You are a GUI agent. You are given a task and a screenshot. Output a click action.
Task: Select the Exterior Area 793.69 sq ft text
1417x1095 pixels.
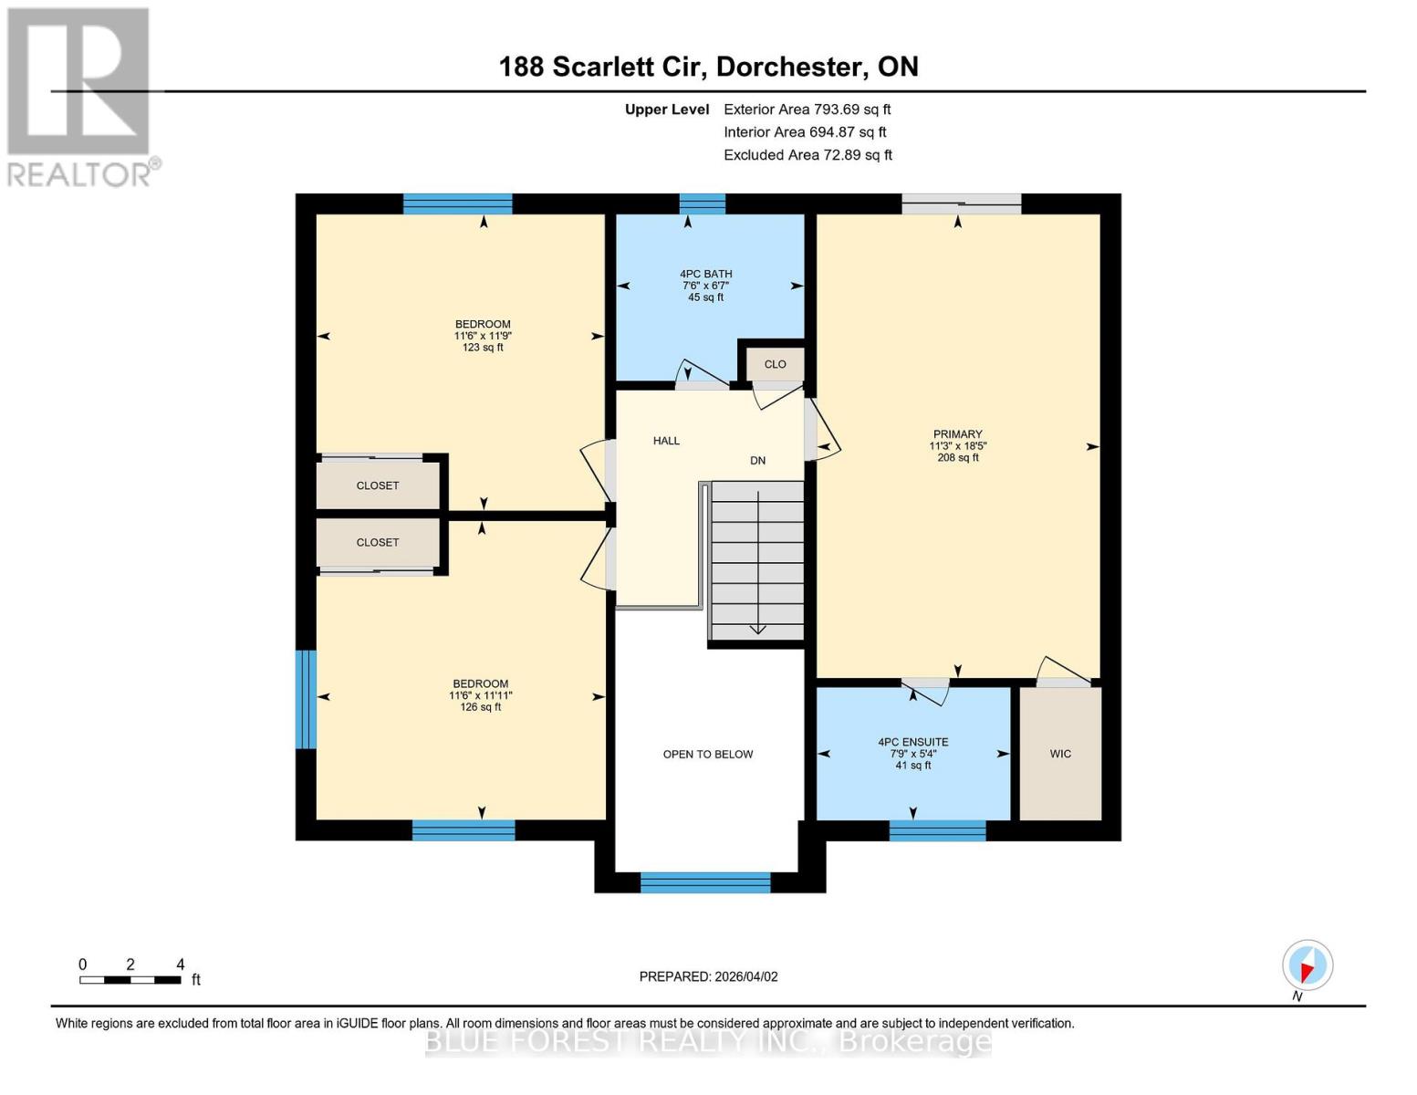[x=807, y=109]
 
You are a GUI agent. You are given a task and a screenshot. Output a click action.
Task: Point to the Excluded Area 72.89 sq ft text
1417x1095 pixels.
[x=807, y=155]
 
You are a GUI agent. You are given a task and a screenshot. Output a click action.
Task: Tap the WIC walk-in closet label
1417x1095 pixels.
[x=1060, y=754]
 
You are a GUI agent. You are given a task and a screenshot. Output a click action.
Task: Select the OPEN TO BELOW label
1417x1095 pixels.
[x=708, y=755]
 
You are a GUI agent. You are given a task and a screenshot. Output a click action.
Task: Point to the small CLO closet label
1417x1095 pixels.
[x=775, y=364]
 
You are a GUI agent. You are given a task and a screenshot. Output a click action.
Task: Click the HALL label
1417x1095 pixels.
[x=666, y=441]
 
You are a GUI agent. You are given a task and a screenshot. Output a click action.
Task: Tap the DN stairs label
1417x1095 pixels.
[x=757, y=461]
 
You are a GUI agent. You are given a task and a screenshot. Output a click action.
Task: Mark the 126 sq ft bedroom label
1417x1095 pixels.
[x=481, y=695]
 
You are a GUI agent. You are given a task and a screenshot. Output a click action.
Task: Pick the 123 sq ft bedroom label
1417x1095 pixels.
[x=483, y=335]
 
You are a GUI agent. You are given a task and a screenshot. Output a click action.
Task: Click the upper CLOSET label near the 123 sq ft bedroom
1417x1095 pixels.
[x=378, y=485]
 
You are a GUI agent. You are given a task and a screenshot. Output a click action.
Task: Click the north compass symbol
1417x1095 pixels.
[x=1308, y=965]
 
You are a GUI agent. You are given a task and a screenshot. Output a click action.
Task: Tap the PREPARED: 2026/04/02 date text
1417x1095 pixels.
[x=708, y=976]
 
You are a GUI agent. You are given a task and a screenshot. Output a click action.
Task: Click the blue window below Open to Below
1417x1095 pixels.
[x=705, y=882]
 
